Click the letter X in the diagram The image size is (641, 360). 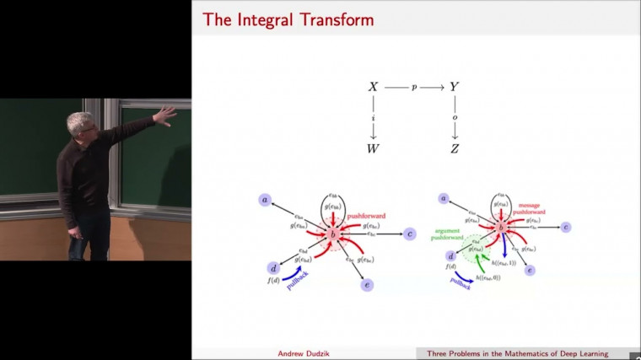374,87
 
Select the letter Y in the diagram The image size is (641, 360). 454,87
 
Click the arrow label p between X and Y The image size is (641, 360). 414,87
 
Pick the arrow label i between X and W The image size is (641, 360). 374,118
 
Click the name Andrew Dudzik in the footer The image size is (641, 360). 304,353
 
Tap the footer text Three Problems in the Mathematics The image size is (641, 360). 506,353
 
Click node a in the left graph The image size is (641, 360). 266,200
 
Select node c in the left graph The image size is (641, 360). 409,234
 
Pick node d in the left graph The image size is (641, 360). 272,268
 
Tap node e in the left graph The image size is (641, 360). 367,285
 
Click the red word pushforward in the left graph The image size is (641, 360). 364,216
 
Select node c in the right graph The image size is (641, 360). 566,227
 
